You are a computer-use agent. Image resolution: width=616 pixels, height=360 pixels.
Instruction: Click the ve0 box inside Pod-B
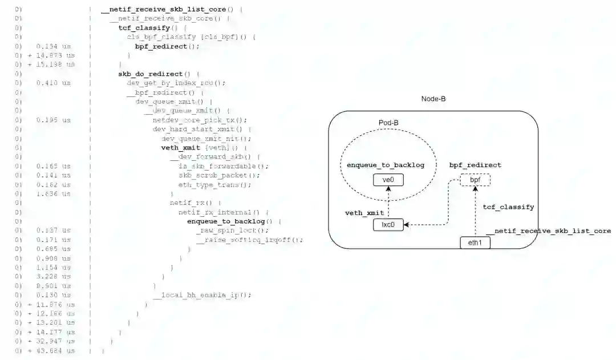pos(388,180)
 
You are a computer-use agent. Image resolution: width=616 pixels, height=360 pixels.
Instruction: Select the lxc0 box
pos(388,225)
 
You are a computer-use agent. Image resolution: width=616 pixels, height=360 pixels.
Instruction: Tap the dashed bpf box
pos(475,180)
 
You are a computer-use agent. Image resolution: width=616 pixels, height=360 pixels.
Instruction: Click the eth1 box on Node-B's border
pos(475,242)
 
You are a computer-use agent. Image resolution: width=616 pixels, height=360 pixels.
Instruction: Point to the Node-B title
pos(433,99)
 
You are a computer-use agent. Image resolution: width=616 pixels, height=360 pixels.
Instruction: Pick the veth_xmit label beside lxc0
pos(364,213)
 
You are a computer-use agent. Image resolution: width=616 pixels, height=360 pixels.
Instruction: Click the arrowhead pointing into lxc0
pos(407,225)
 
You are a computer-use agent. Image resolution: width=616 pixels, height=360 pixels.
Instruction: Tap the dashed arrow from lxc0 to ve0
pos(388,203)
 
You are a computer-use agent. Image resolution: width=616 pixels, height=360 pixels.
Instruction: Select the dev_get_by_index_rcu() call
pos(176,83)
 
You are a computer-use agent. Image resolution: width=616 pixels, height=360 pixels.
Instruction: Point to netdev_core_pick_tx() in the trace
pos(200,120)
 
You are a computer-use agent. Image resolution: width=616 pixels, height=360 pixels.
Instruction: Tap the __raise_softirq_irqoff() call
pos(249,240)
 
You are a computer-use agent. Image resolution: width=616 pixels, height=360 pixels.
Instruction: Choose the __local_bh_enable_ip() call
pos(202,296)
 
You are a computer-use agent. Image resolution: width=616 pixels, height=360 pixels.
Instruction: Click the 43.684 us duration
pos(55,351)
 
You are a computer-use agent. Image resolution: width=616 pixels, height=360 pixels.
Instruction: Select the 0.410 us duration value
pos(54,83)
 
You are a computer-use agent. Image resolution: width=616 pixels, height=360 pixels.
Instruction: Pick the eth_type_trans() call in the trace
pos(214,185)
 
